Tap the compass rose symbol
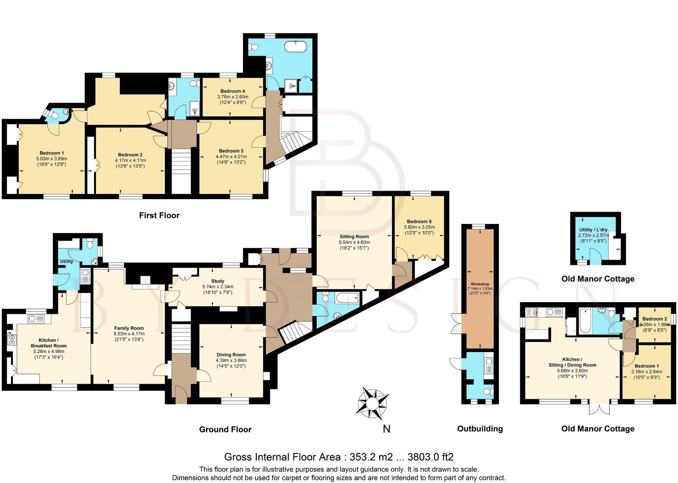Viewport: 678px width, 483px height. click(372, 403)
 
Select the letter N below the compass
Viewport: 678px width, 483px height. click(386, 429)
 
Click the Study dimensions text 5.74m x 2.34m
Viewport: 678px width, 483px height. click(218, 287)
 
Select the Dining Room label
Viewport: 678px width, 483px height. click(231, 355)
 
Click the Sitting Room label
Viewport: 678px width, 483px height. click(354, 237)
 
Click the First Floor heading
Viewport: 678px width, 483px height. click(159, 216)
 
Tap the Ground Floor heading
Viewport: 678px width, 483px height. click(225, 430)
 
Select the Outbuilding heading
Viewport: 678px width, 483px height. click(480, 429)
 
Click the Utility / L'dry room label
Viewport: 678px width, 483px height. click(593, 230)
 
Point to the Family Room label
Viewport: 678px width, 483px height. click(129, 328)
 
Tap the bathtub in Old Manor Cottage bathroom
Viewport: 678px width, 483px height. click(585, 321)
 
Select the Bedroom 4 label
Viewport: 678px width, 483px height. click(232, 91)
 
